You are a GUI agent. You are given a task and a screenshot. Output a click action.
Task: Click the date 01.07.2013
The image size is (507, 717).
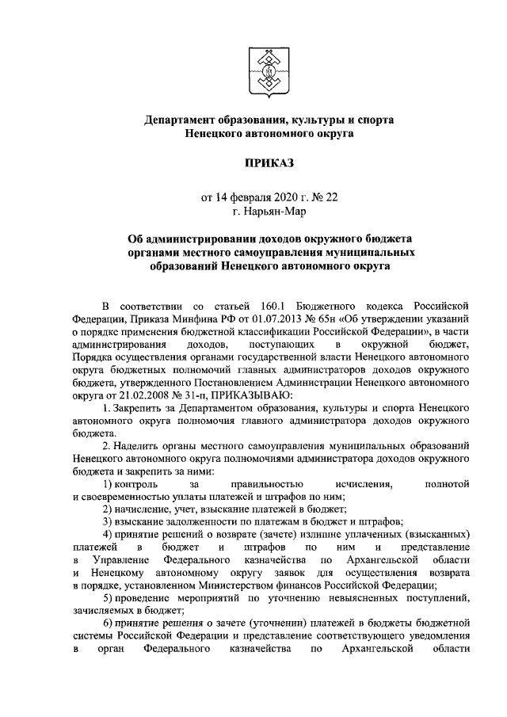pyautogui.click(x=268, y=320)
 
